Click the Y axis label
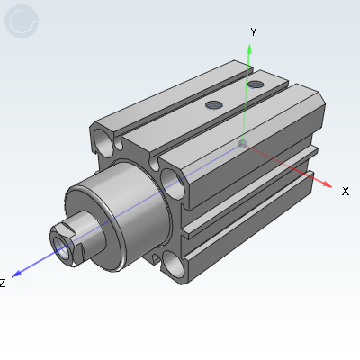pyautogui.click(x=254, y=31)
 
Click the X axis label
pyautogui.click(x=345, y=191)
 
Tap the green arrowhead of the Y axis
pyautogui.click(x=250, y=47)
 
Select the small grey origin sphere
pyautogui.click(x=241, y=142)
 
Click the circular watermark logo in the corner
pyautogui.click(x=22, y=21)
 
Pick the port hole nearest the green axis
pyautogui.click(x=256, y=85)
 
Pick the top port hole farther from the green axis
pyautogui.click(x=213, y=105)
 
